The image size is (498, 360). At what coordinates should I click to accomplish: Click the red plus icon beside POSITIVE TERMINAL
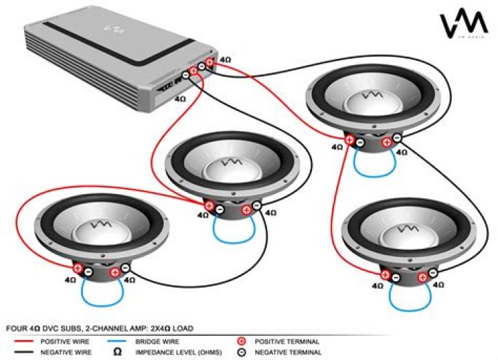tap(241, 341)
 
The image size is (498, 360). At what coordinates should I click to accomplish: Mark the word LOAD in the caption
tap(183, 328)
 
